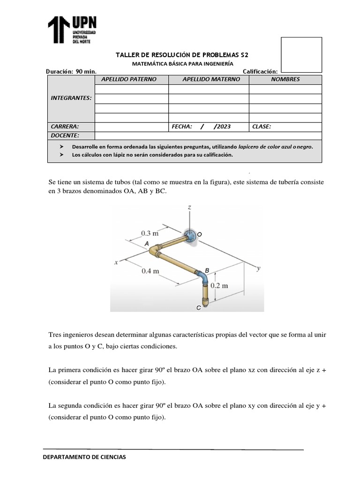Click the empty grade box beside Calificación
tap(301, 55)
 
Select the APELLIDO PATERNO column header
tap(131, 79)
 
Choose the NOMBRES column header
tap(285, 79)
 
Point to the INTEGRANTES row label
tap(71, 98)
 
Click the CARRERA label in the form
tap(65, 127)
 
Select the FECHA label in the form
tap(182, 127)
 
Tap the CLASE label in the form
tap(262, 127)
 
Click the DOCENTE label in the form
tap(65, 135)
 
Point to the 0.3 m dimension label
tap(150, 232)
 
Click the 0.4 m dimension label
tap(150, 270)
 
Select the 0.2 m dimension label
tap(219, 285)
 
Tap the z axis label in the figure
tap(188, 207)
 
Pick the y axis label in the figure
tap(258, 268)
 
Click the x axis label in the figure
tap(115, 263)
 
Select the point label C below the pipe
tap(198, 307)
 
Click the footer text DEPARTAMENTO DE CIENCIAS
tap(84, 457)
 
